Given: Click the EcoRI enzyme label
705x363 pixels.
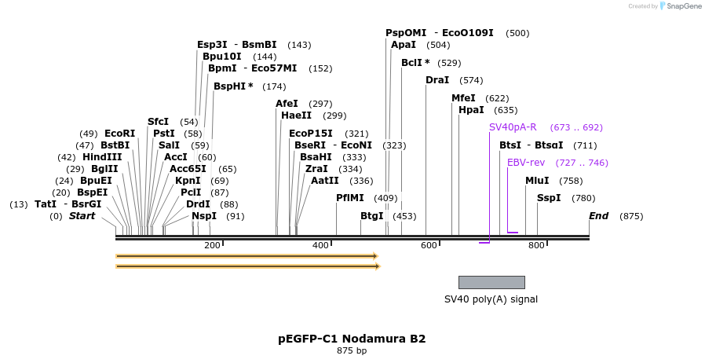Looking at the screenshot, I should coord(119,134).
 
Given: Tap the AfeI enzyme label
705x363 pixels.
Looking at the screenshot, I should coord(287,104).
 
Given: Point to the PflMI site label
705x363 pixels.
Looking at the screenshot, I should coord(350,198).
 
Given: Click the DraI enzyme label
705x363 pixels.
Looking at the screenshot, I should coord(437,80).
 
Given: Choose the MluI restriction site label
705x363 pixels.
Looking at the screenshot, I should coord(537,181).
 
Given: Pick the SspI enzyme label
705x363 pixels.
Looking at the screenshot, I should coord(549,198).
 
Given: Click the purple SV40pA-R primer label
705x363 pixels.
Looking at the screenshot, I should coord(513,127).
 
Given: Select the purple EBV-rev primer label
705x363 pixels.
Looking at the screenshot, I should coord(526,163).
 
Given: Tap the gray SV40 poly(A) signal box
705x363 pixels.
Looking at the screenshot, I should coord(491,282).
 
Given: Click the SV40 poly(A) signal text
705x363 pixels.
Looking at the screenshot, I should coord(491,299).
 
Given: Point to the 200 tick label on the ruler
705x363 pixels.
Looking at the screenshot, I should coord(212,246).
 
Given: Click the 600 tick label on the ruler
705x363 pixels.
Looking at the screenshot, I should coord(429,246).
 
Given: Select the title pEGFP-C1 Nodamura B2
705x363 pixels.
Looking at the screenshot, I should coord(352,339).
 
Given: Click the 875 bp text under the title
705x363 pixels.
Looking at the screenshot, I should coord(352,351).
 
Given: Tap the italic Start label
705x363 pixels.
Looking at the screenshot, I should coord(82,216).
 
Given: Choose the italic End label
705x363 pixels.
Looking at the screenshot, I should coord(599,216).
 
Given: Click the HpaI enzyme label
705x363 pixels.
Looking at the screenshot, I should coord(471,110).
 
